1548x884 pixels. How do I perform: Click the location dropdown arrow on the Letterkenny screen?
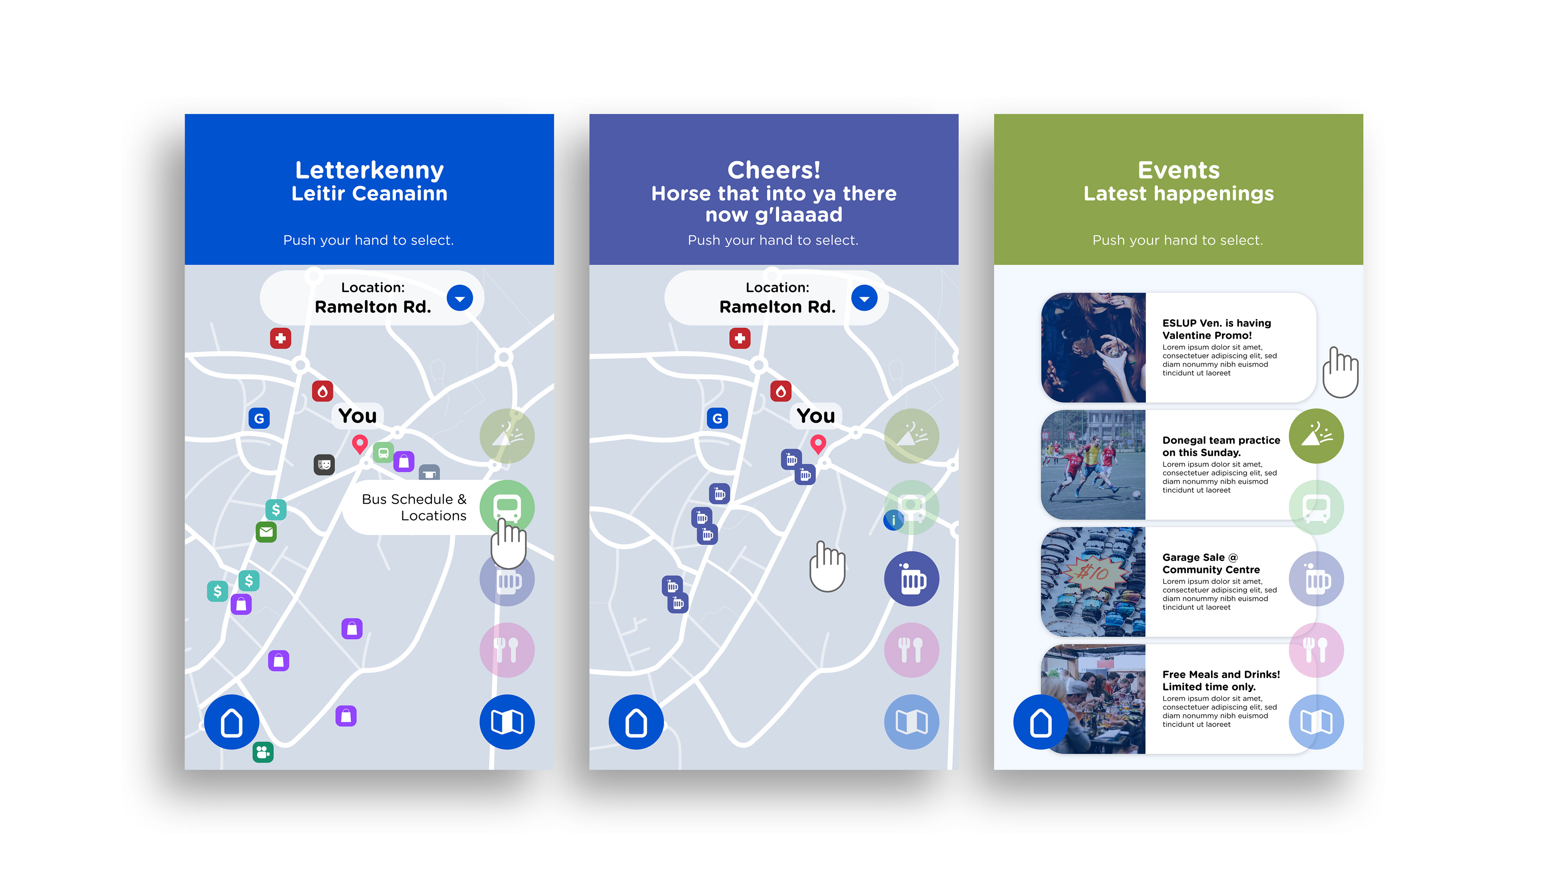460,298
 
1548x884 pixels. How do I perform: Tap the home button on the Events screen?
1040,722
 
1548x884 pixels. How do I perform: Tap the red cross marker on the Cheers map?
740,338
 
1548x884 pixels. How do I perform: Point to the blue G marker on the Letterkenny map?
259,418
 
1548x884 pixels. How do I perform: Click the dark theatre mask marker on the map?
324,465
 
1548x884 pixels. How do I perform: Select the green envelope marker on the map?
266,532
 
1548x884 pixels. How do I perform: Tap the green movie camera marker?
263,752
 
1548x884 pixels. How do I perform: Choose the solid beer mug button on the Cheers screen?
911,579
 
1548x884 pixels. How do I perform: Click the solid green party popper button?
1316,436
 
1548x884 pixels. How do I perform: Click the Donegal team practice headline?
1221,446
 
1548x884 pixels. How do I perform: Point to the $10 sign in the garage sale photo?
1093,571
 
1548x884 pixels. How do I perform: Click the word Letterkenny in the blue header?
369,170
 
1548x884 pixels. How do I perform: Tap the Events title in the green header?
1178,170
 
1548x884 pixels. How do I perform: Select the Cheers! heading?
774,170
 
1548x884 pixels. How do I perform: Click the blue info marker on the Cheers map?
893,520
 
